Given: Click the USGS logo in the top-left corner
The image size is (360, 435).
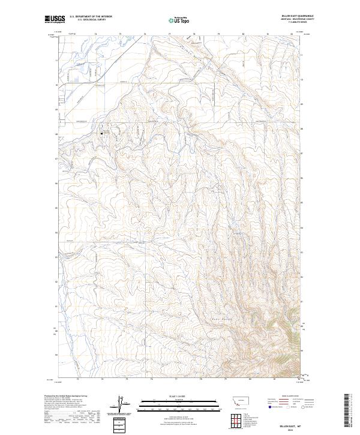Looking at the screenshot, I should tap(55, 19).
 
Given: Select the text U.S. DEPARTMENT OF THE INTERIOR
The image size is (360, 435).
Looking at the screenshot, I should tap(91, 17).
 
